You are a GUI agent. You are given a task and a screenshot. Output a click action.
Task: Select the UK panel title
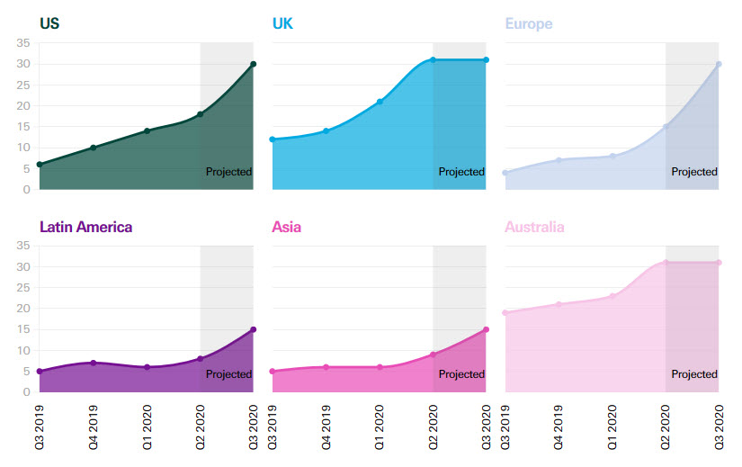tap(282, 23)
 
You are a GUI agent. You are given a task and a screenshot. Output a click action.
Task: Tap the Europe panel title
tap(529, 23)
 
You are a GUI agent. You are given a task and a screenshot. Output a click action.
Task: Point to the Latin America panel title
tap(85, 227)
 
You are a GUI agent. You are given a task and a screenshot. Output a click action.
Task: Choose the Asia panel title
tap(286, 227)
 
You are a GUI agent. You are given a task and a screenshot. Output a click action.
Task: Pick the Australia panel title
tap(534, 227)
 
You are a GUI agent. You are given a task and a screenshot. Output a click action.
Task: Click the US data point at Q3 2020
tap(254, 64)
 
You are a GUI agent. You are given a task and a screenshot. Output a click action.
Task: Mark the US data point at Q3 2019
tap(39, 165)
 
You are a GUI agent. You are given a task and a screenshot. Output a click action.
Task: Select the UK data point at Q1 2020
tap(380, 102)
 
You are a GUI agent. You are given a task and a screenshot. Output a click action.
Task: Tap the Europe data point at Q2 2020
tap(666, 127)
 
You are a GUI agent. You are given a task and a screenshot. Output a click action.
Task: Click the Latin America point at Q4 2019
tap(93, 363)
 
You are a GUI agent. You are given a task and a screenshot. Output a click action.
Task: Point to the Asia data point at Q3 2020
tap(487, 329)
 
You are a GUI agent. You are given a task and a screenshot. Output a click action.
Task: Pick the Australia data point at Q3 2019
tap(505, 313)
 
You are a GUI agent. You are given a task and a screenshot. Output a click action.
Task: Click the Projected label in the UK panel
tap(461, 172)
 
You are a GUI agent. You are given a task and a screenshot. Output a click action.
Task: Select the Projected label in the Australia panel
tap(694, 374)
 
